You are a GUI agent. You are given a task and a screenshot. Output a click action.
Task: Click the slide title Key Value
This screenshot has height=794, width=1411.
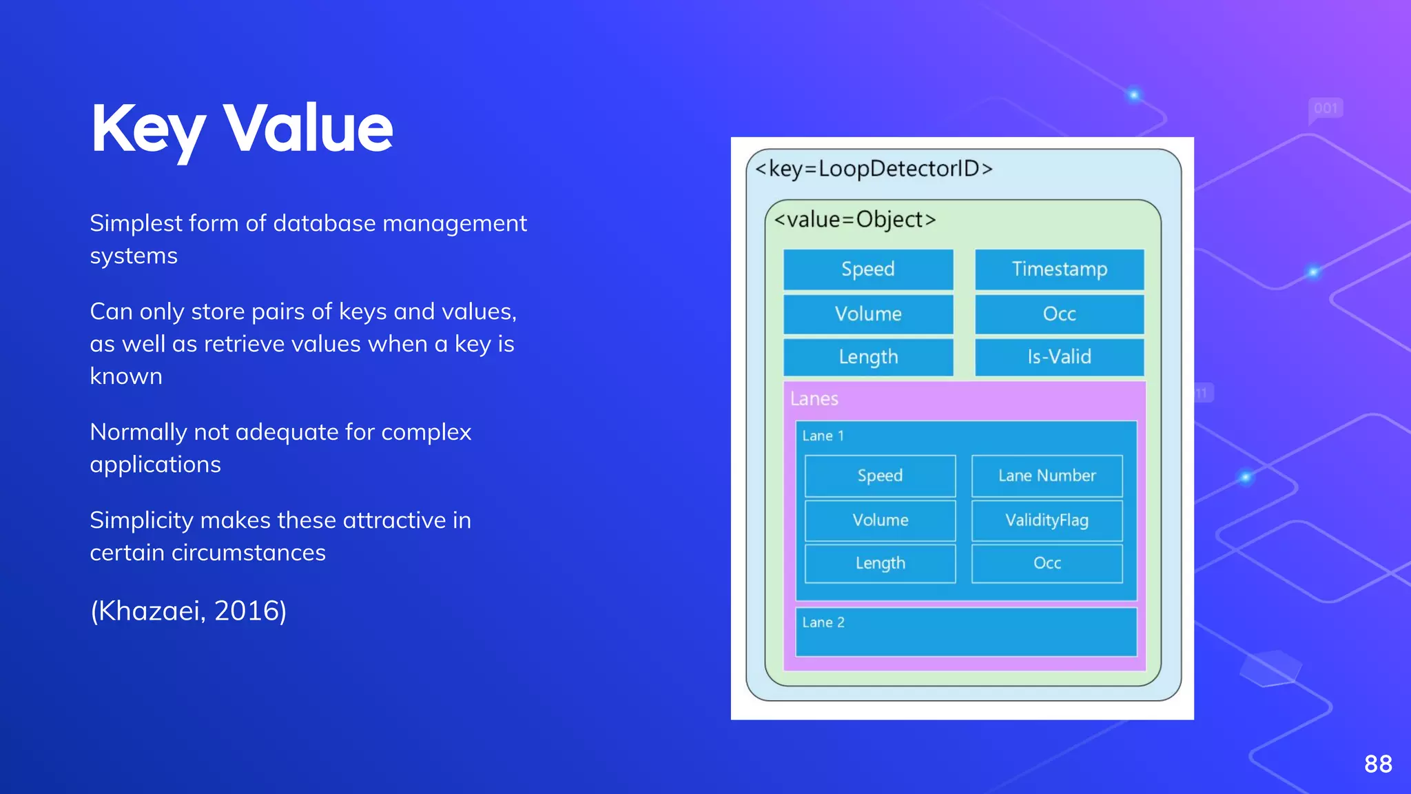click(x=241, y=129)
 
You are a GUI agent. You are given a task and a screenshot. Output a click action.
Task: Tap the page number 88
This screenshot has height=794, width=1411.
click(x=1378, y=764)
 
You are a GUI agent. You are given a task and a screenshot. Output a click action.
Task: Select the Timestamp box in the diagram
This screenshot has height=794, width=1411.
click(x=1059, y=269)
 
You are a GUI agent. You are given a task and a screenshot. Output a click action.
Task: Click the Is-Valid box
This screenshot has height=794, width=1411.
click(x=1059, y=356)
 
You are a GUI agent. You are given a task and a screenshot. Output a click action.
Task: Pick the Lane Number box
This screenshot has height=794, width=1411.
click(x=1047, y=476)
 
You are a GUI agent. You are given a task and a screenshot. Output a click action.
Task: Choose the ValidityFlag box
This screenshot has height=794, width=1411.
click(x=1047, y=520)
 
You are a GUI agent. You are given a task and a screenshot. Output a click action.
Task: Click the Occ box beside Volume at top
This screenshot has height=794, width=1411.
click(x=1059, y=314)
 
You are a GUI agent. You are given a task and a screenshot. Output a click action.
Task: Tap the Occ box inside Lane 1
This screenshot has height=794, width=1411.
click(x=1047, y=563)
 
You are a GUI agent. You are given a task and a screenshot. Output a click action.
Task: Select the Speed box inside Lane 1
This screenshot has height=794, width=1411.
click(x=880, y=476)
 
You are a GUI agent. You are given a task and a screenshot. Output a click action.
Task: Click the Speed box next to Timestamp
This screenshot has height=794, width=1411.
click(x=868, y=269)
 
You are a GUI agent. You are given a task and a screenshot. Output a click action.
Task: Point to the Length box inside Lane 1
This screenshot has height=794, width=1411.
click(x=880, y=563)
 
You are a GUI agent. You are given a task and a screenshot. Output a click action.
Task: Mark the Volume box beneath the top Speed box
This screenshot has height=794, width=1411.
click(x=868, y=314)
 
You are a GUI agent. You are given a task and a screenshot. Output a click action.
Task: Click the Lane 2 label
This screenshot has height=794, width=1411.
click(x=823, y=622)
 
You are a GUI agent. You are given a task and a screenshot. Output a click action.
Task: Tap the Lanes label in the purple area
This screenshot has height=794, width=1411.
click(x=814, y=399)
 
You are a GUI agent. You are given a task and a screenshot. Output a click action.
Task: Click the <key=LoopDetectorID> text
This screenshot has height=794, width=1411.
click(x=874, y=169)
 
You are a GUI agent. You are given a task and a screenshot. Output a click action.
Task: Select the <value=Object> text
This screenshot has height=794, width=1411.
click(x=855, y=220)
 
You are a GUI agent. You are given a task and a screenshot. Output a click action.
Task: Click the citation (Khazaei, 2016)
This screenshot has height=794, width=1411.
click(x=188, y=611)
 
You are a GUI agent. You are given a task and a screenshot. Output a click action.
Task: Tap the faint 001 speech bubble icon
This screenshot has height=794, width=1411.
click(x=1326, y=109)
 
